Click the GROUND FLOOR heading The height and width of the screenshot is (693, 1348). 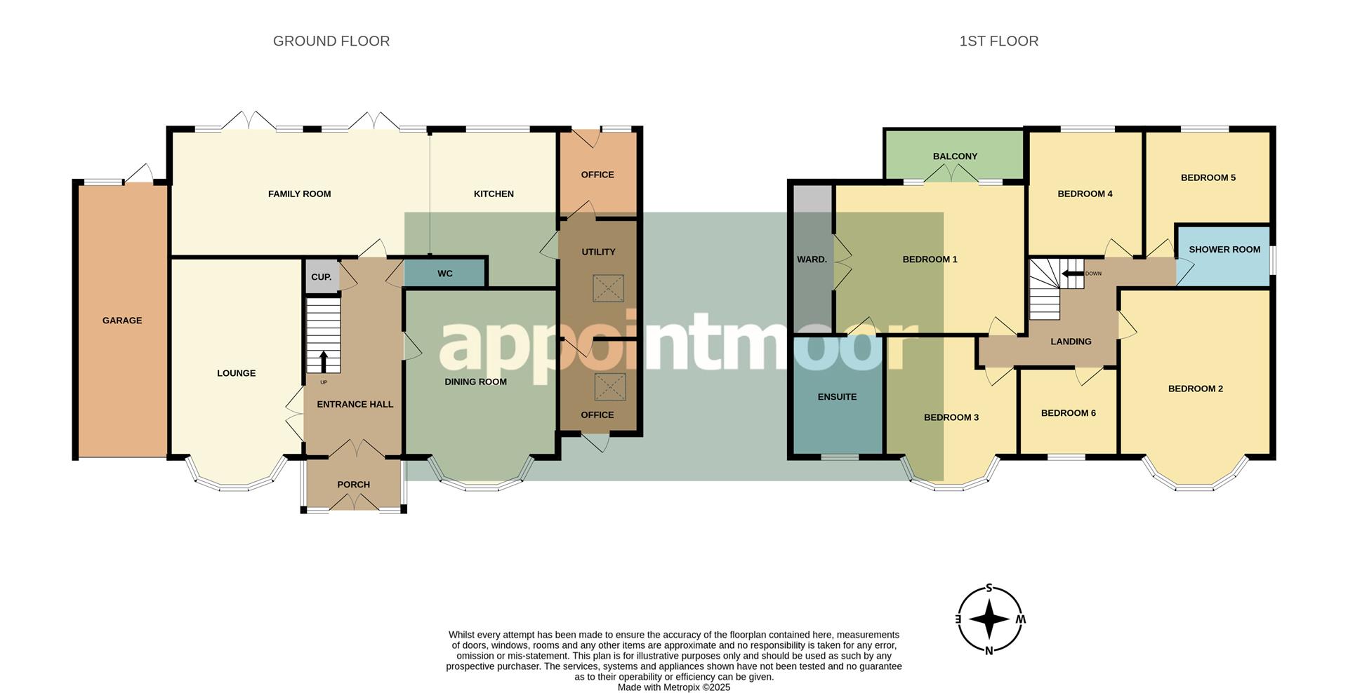point(331,41)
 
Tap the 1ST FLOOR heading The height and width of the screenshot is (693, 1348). point(998,41)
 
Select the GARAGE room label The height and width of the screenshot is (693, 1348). point(122,321)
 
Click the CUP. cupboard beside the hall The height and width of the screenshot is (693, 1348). point(321,277)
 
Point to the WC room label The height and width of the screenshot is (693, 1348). point(445,274)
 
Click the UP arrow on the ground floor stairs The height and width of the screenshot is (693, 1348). point(324,362)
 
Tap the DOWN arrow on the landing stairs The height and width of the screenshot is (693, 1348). point(1072,274)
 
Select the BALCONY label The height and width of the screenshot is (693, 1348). point(955,156)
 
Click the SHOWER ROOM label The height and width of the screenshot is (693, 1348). point(1224,250)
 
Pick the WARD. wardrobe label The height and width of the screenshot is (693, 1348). point(812,260)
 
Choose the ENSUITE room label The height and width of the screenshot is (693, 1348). point(837,397)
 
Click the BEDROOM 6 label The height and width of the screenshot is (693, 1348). point(1068,413)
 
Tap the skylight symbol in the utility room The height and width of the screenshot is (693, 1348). point(608,288)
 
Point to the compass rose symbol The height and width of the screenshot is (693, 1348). point(989,619)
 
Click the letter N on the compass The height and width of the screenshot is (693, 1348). point(989,650)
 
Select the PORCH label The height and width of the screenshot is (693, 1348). point(353,485)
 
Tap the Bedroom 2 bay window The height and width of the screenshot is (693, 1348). point(1195,484)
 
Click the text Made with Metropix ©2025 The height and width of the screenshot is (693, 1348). point(673,687)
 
